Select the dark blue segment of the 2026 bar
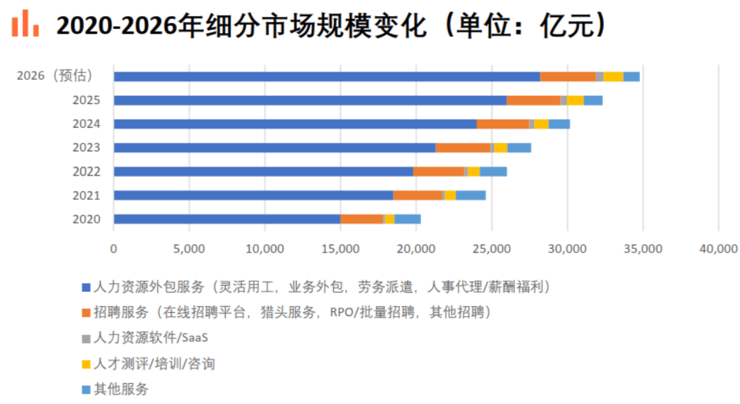coord(327,76)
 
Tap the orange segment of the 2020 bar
coord(362,219)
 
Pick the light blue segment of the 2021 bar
coord(470,195)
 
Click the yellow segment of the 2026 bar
coord(613,76)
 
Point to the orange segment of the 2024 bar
coord(503,124)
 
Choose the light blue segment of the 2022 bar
coord(493,172)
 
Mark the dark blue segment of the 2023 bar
coord(274,148)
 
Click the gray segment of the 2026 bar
coord(599,76)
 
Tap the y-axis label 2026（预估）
coord(55,76)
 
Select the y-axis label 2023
coord(87,148)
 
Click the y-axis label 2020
coord(87,219)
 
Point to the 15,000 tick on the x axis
coord(341,249)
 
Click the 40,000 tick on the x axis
coord(718,249)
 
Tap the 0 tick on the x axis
coord(114,249)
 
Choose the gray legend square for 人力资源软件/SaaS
coord(86,339)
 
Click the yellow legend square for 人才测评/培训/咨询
coord(86,364)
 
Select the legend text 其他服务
coord(121,389)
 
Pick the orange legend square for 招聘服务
coord(86,313)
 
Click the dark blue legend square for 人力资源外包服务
coord(86,287)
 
